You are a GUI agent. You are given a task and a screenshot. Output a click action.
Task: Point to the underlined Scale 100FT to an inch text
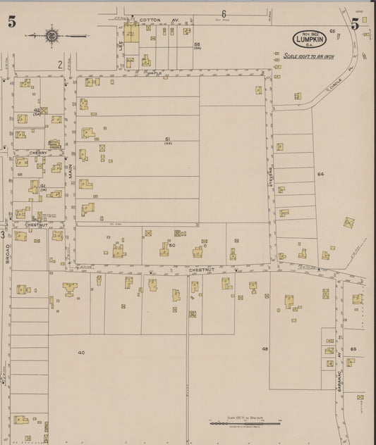[309, 57]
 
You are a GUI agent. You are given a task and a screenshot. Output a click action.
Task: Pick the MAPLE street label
[154, 73]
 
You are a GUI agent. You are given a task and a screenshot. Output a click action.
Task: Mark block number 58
[198, 45]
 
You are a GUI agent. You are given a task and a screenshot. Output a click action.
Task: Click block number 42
[37, 111]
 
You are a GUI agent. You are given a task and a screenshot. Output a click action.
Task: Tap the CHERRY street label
[38, 153]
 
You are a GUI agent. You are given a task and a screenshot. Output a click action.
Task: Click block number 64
[320, 174]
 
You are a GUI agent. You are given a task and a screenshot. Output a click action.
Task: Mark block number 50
[171, 245]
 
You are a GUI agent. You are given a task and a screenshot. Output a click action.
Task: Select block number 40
[81, 352]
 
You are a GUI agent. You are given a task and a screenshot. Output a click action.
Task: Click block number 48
[265, 349]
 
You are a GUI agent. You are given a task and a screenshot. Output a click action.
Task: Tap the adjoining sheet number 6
[223, 13]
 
